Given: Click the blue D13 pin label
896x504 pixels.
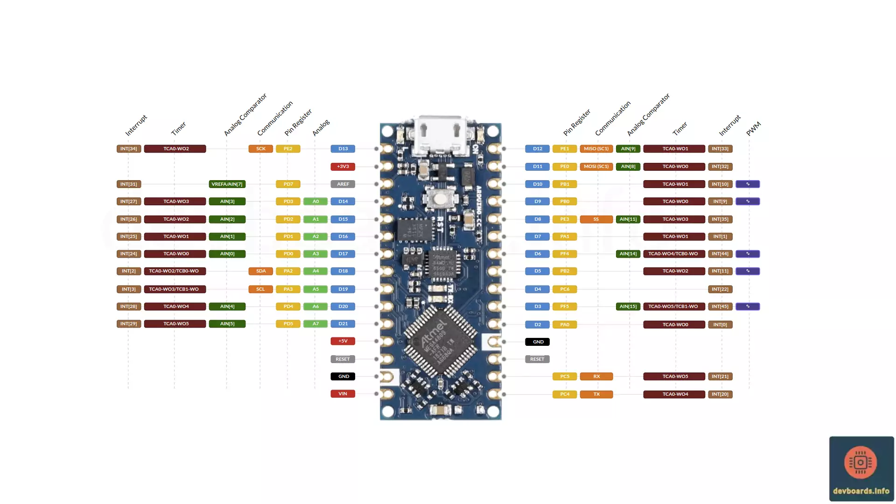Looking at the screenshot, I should tap(343, 149).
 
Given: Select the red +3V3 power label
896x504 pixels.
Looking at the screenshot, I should tap(343, 167).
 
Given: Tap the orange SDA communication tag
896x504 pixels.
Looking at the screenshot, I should tap(260, 271).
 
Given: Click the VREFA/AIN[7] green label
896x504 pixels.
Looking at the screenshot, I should tap(227, 184).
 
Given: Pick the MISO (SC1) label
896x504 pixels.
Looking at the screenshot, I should tap(596, 149).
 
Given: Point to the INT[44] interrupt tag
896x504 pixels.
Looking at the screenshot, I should tap(720, 254).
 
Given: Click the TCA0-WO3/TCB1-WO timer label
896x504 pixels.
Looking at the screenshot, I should tap(174, 289).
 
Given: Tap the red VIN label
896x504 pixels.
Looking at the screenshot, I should tap(343, 394).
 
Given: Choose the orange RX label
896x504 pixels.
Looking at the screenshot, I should tap(596, 377).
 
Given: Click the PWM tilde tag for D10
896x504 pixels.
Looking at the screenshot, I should tap(747, 184).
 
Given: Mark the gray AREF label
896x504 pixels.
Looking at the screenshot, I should tap(343, 184).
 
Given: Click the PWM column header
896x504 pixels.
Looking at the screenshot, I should tap(753, 129).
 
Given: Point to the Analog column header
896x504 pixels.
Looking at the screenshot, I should tap(321, 128).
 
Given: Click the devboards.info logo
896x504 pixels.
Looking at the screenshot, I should tap(861, 469).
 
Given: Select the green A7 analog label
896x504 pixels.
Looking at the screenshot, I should tap(315, 324).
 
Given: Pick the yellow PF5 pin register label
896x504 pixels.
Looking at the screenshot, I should tap(564, 307).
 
